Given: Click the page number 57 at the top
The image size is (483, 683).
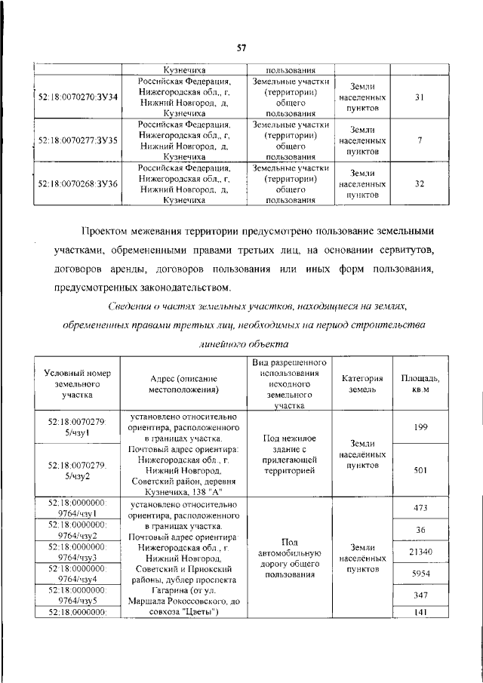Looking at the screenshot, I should coord(241,48).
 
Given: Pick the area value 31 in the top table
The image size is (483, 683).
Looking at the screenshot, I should coord(420,98).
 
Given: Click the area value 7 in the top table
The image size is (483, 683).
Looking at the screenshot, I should coord(420,140).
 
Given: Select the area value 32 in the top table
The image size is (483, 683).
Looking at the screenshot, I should coord(420,183).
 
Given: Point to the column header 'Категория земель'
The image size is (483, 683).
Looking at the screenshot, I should coord(363,383).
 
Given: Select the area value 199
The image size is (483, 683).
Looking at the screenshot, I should coord(420,427).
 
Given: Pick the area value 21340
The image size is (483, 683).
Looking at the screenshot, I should coord(420,552).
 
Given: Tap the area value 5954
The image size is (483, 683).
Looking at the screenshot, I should coord(420,574).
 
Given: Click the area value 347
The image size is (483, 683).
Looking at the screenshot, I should coord(420,596).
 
